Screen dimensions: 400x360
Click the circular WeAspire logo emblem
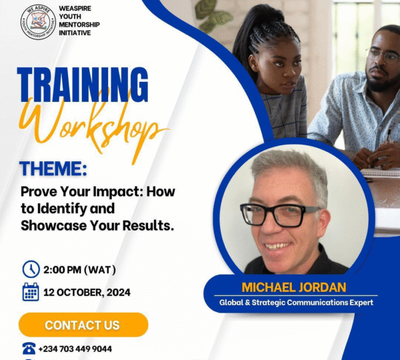click(38, 22)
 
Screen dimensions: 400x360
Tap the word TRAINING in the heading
click(83, 85)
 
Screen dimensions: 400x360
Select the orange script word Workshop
click(93, 126)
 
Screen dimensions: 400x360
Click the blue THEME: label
click(54, 169)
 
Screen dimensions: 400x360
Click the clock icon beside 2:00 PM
click(31, 269)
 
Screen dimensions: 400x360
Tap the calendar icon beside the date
click(31, 292)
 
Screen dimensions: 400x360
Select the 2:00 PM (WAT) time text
click(79, 270)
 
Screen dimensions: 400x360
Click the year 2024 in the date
click(119, 293)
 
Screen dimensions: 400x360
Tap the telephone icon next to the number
click(29, 349)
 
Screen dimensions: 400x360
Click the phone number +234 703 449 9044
click(75, 349)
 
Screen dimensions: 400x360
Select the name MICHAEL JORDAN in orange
click(294, 287)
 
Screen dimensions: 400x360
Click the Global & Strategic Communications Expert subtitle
click(296, 303)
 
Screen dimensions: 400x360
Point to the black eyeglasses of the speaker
click(280, 215)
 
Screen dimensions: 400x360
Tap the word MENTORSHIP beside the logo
click(79, 25)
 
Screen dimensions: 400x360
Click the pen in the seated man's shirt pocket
click(389, 134)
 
